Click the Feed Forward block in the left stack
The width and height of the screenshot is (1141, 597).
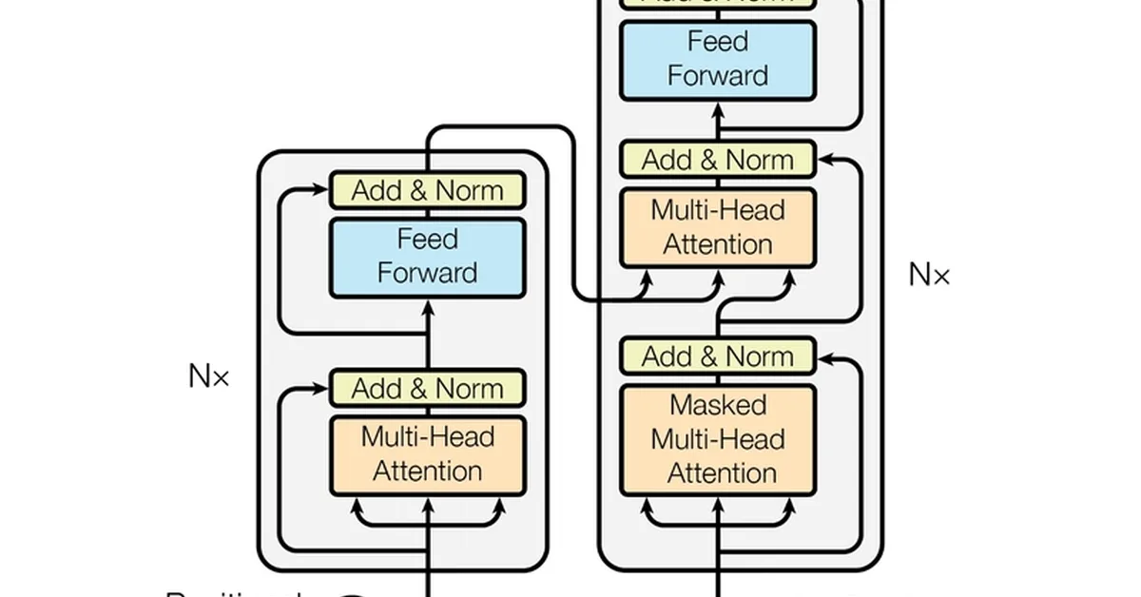tap(427, 257)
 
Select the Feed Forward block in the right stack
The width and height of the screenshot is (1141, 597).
tap(718, 59)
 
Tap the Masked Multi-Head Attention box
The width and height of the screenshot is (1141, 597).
tap(718, 439)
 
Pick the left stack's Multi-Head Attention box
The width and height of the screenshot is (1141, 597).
tap(427, 454)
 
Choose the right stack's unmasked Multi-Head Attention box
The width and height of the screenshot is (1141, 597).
tap(718, 227)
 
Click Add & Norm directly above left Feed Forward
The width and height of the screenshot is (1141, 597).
tap(427, 190)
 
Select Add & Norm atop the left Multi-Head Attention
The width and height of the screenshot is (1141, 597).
tap(427, 388)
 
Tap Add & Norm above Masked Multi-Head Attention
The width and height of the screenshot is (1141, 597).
tap(718, 356)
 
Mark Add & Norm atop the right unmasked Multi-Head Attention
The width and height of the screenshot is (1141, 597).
tap(718, 159)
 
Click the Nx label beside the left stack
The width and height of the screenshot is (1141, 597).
tap(209, 376)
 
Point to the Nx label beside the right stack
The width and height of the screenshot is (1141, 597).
tap(929, 275)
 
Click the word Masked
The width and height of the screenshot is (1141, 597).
tap(718, 405)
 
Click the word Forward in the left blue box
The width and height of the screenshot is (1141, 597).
tap(427, 273)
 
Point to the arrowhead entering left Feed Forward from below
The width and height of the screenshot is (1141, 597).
tap(427, 306)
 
